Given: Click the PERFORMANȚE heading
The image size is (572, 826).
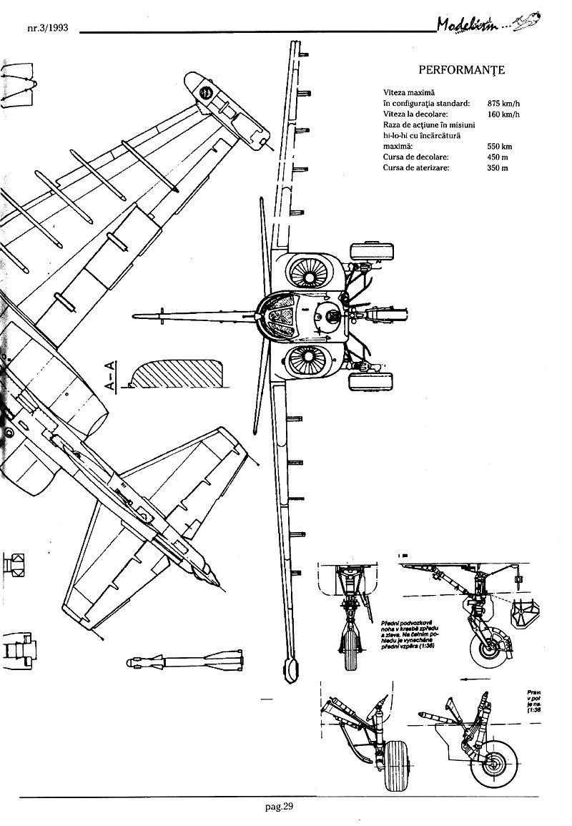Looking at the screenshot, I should pyautogui.click(x=461, y=70).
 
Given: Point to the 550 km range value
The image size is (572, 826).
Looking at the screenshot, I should pyautogui.click(x=499, y=146).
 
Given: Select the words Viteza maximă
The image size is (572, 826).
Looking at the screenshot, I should pyautogui.click(x=410, y=92).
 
